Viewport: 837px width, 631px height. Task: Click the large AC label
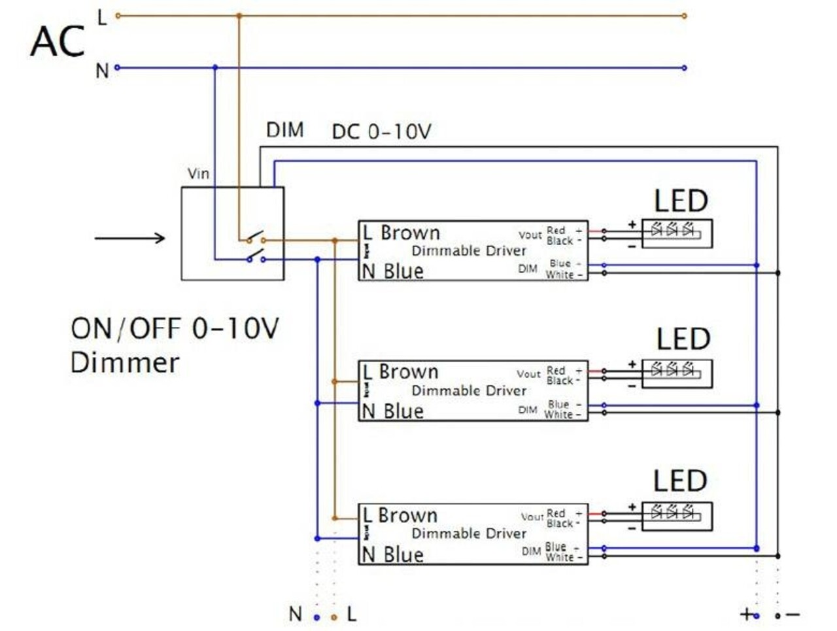(58, 42)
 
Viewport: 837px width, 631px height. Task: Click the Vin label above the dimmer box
(198, 173)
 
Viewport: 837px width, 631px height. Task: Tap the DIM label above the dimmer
(284, 129)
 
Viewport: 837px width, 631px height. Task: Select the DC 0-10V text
(381, 131)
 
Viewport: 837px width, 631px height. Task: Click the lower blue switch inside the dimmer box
(255, 256)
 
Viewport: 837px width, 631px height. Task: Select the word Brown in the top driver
(410, 233)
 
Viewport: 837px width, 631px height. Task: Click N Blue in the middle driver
(393, 411)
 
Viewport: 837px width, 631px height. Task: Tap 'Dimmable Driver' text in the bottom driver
(468, 534)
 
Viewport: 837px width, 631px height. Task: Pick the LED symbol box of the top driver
(677, 233)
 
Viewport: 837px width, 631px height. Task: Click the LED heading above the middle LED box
(683, 339)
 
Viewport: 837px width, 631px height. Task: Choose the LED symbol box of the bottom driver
(677, 516)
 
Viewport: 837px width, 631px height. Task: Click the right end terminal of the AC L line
(684, 16)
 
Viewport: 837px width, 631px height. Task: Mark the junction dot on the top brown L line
(239, 16)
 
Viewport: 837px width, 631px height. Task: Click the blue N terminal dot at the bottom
(317, 617)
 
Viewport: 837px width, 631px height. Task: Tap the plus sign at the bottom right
(746, 615)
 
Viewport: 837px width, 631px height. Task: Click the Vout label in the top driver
(530, 235)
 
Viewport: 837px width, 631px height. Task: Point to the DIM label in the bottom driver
(531, 551)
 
